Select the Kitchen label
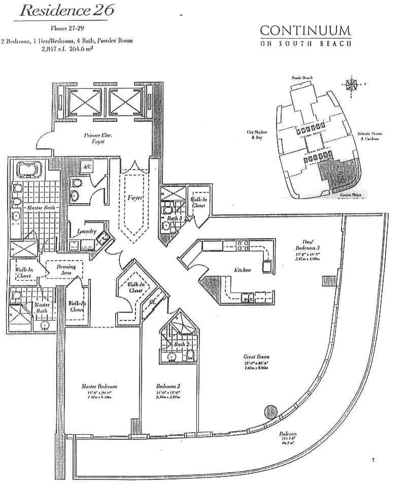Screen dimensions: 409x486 (x=243, y=270)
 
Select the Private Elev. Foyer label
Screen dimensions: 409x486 (x=95, y=139)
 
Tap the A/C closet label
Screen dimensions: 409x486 (x=87, y=166)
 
